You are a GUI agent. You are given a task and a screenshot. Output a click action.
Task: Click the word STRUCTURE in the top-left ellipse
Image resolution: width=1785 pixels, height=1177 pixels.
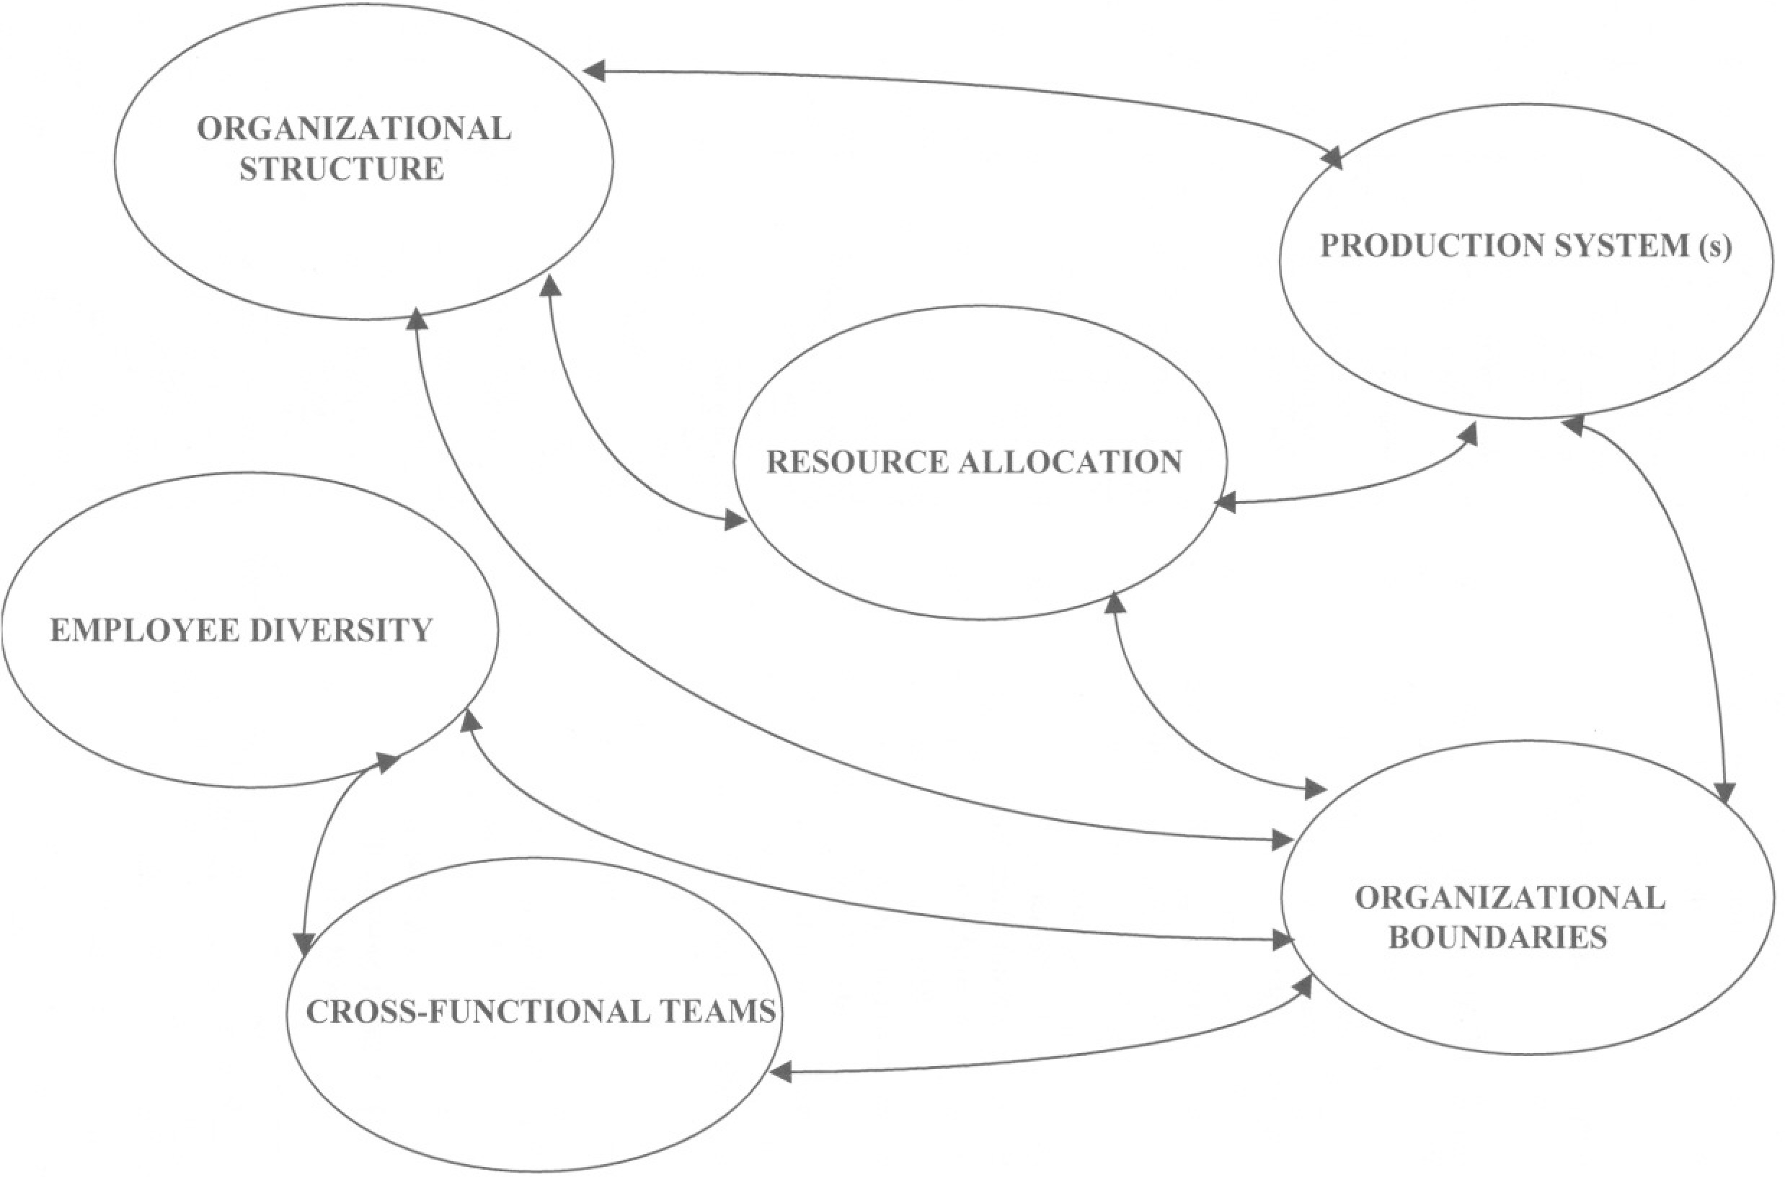point(342,169)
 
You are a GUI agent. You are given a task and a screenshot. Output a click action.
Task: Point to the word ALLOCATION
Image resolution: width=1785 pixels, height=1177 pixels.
point(1071,463)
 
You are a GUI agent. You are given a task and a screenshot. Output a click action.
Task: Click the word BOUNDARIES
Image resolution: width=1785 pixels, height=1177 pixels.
point(1497,938)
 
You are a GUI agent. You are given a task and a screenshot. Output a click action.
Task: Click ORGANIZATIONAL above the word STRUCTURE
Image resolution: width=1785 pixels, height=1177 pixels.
point(353,129)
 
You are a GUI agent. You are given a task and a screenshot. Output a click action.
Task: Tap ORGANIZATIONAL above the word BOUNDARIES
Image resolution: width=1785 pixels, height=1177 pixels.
point(1510,899)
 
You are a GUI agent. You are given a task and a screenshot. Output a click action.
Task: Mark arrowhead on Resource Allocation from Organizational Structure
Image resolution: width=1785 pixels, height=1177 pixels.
point(735,520)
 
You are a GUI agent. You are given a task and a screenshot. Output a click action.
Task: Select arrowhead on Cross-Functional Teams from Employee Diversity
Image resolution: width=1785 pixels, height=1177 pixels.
point(304,943)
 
